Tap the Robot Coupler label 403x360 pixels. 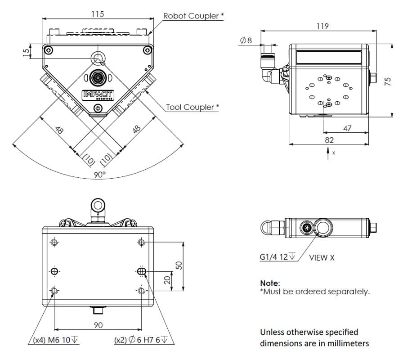193,16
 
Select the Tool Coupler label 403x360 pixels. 193,107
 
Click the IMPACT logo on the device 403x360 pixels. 99,95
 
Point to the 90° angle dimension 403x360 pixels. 99,175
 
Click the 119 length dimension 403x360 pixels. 322,26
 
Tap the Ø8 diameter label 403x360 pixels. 246,40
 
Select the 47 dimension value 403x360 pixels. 347,129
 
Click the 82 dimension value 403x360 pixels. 329,140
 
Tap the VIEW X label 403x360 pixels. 322,258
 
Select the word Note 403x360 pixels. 270,283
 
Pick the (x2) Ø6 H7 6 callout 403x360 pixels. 143,340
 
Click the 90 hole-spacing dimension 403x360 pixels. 98,325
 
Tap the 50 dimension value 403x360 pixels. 179,265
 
